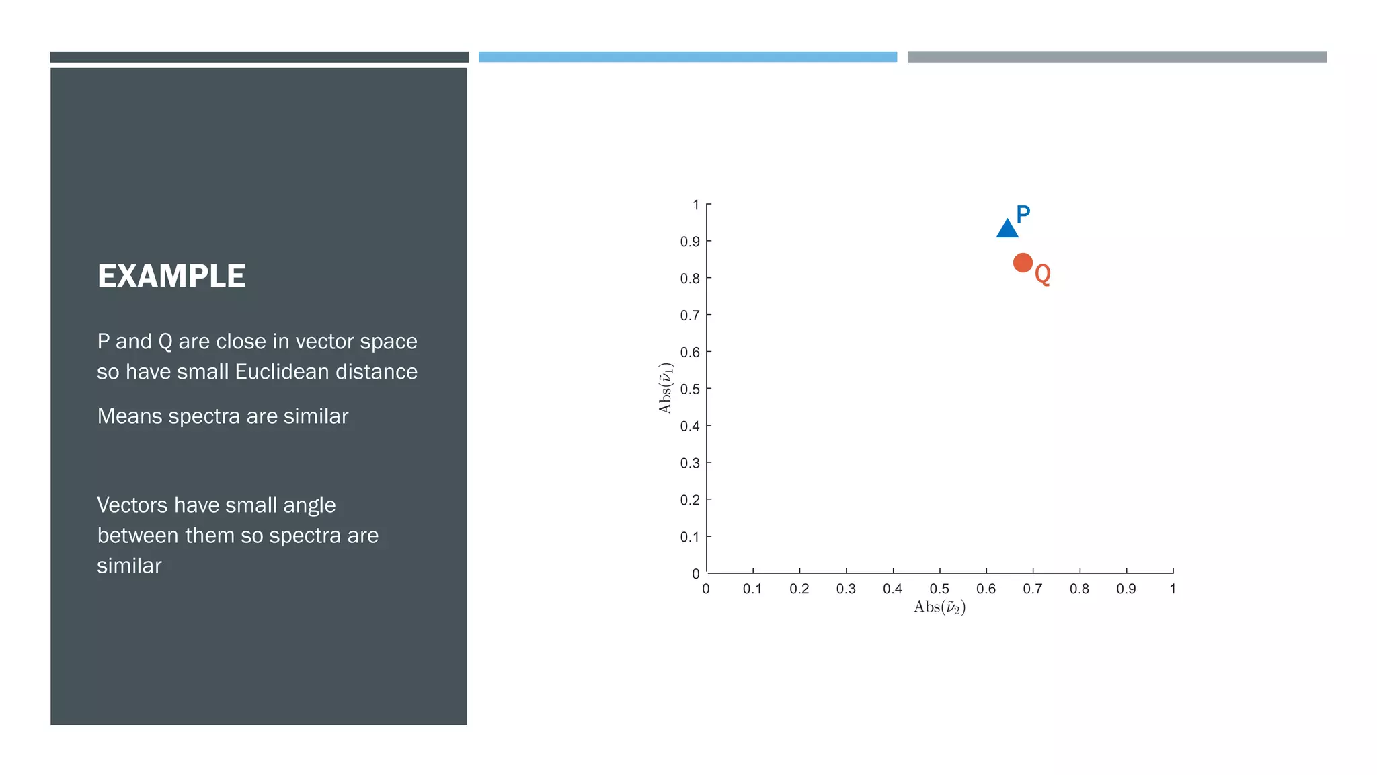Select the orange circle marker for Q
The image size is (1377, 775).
[x=1023, y=262]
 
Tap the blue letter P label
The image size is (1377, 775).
[x=1023, y=215]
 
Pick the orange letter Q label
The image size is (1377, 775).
[x=1043, y=274]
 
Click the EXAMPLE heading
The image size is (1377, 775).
[x=171, y=276]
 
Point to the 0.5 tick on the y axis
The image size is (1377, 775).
[x=690, y=389]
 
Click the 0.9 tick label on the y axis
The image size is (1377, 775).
[x=690, y=242]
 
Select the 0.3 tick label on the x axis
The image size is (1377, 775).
[x=846, y=589]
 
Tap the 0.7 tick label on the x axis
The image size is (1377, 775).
[x=1033, y=589]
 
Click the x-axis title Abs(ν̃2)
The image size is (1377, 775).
[x=939, y=607]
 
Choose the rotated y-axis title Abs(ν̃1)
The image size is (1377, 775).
[x=666, y=388]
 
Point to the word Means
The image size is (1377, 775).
[x=130, y=416]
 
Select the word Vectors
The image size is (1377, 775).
[x=132, y=505]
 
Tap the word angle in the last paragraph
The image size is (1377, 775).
[x=309, y=506]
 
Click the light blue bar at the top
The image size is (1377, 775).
[x=688, y=57]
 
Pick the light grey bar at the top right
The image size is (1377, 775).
[x=1117, y=57]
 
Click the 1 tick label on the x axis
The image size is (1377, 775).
[x=1173, y=589]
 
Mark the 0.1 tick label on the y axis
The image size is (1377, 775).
[x=690, y=537]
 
